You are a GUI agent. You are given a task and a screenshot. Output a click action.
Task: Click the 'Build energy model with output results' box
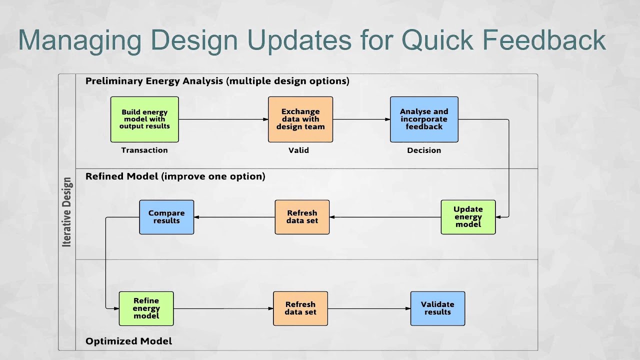pos(144,119)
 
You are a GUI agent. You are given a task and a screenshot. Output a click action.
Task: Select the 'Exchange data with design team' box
pos(300,119)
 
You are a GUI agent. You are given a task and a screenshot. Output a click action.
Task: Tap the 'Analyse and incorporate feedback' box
pos(424,119)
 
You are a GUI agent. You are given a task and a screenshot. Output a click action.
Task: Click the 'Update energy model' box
pos(468,217)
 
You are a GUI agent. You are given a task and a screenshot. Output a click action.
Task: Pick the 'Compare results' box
pos(166,217)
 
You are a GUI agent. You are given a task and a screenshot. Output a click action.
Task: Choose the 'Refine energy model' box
pos(146,308)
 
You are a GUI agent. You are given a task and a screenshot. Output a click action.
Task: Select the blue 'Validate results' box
pos(437,308)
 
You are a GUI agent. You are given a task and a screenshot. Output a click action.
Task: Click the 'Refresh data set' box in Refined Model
pos(302,217)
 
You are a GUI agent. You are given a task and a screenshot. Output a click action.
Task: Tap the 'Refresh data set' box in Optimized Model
pos(300,308)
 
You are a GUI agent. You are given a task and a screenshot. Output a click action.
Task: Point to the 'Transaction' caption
pos(144,150)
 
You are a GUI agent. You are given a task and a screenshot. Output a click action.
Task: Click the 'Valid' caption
pos(298,150)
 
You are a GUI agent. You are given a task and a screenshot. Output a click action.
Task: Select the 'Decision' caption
pos(424,150)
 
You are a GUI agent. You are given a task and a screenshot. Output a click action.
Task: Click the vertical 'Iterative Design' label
pos(67,212)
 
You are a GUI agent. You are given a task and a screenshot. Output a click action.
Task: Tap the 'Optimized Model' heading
pos(128,341)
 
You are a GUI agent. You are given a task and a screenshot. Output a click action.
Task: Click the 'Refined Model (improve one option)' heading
pos(175,176)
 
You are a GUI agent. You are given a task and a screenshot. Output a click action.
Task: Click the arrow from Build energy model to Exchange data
pos(223,119)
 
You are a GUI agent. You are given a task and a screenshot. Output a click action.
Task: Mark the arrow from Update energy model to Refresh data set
pos(385,217)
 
